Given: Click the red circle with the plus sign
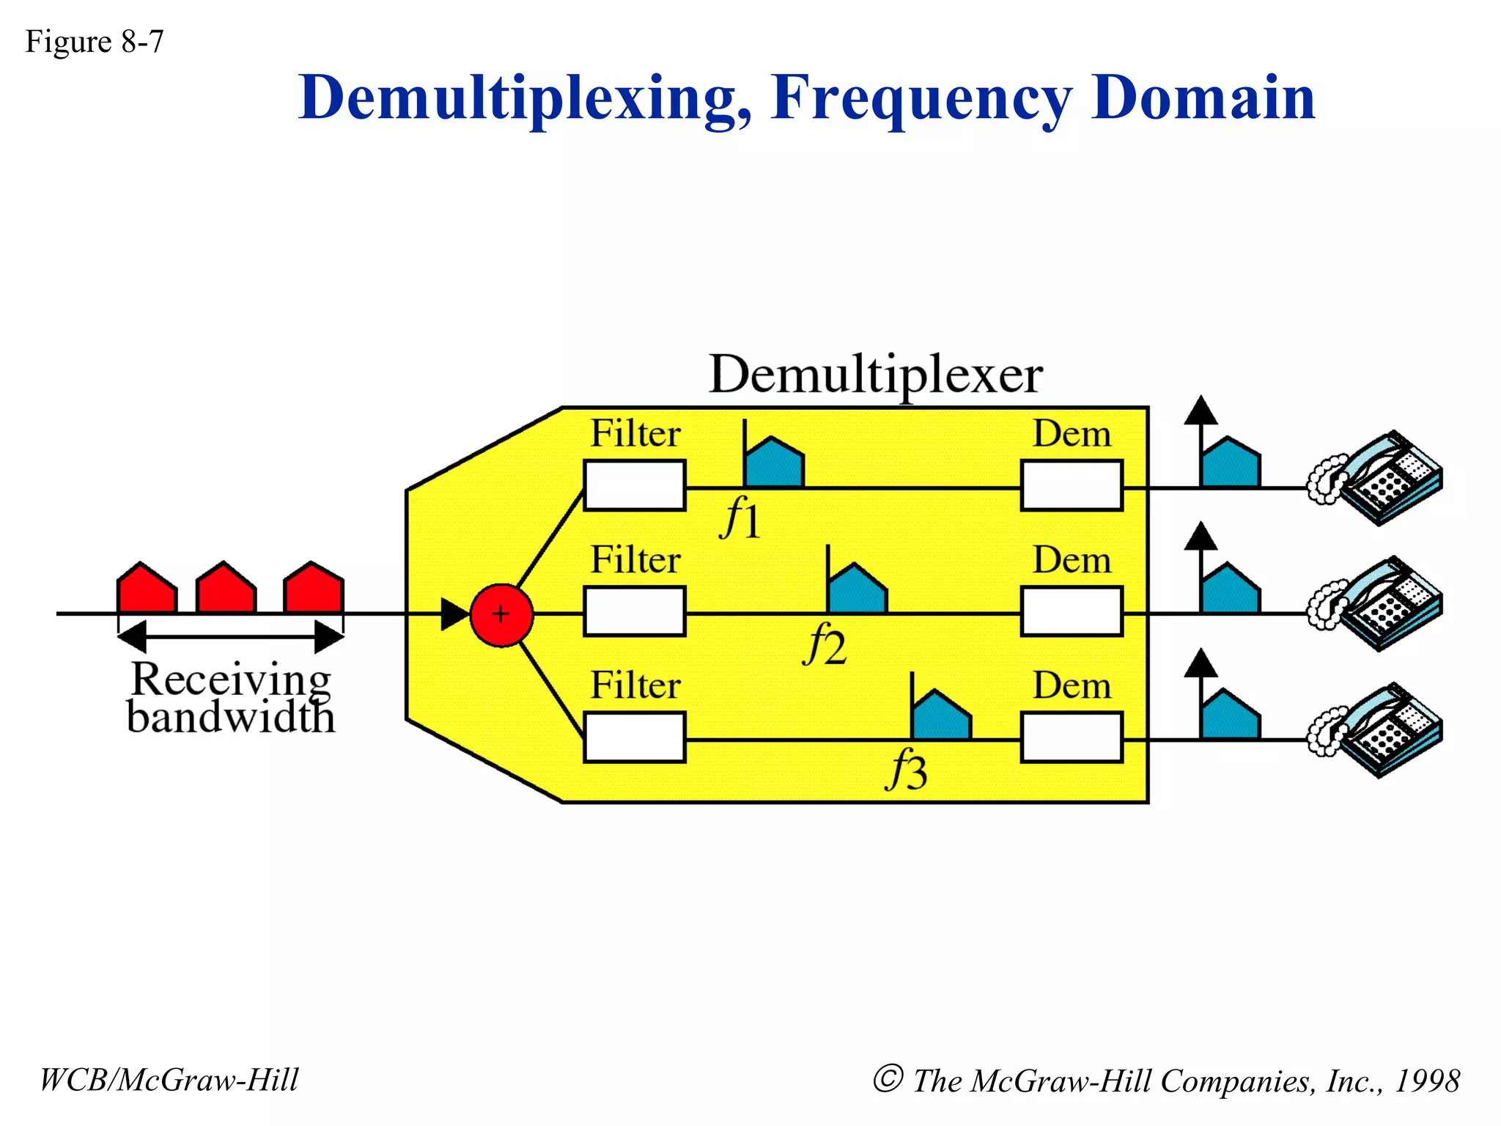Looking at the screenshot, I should pos(501,614).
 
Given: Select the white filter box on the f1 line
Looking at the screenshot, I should pos(635,485).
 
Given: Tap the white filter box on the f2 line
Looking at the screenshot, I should pos(635,611).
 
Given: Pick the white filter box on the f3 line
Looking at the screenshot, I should pos(635,737).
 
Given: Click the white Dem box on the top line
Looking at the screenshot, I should pos(1072,485).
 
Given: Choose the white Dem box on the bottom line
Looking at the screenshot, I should pos(1072,737).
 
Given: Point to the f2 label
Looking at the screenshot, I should pos(825,644).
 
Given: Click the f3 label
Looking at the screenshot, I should pos(907,770).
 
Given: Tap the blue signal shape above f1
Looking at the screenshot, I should pos(774,464).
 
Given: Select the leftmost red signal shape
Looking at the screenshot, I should pos(147,589).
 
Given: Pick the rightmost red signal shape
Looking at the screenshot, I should pos(314,589).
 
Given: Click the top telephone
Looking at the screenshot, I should pos(1376,478).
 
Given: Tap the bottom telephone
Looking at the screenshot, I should pos(1376,730).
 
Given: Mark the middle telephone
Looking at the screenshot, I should pos(1376,604).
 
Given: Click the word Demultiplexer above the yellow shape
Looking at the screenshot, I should pos(875,375).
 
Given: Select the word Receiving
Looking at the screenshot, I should pos(231,679).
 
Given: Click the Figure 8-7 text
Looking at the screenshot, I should pos(95,42).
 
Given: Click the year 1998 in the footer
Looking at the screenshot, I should pos(1426,1081).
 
